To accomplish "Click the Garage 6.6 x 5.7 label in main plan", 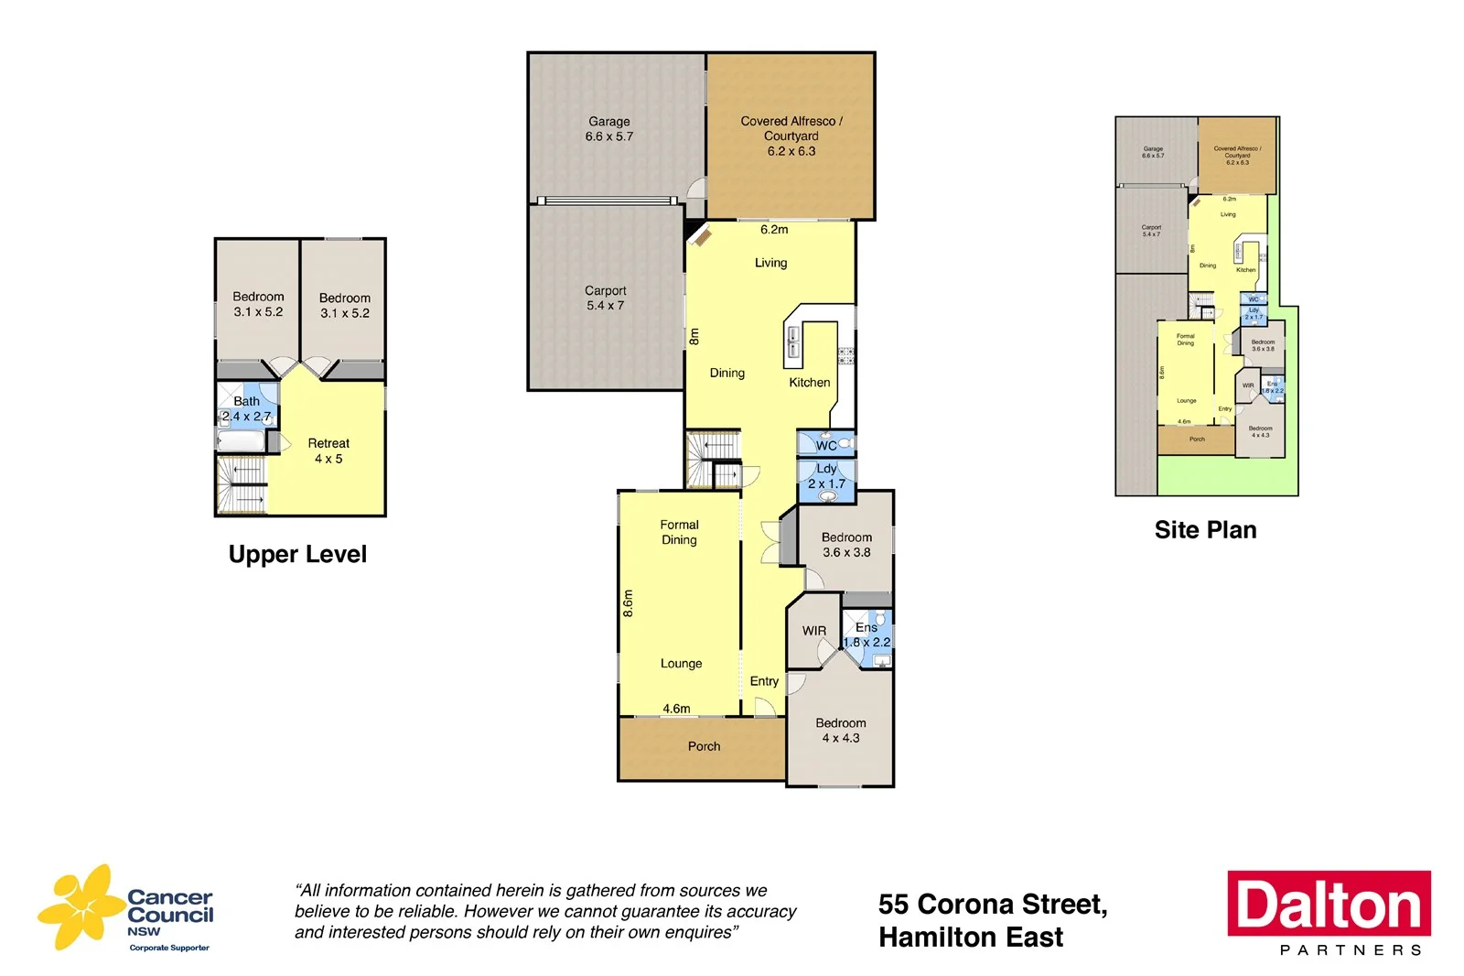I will tap(609, 129).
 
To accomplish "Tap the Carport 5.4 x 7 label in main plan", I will tap(605, 298).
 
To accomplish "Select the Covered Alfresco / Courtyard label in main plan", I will tap(791, 136).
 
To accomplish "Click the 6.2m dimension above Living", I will tap(774, 230).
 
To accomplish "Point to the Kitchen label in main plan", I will tap(810, 383).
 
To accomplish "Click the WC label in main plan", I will tap(826, 446).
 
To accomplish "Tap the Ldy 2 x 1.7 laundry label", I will tap(826, 476).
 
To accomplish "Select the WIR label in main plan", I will tap(814, 631).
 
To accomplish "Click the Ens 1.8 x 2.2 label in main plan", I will tap(867, 634).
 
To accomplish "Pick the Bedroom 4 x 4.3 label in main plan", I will tap(841, 731).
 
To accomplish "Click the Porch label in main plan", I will tap(704, 747).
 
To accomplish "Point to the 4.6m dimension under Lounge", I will tap(676, 709).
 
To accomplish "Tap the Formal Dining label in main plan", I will tap(679, 532).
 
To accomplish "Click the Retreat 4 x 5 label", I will tap(328, 450).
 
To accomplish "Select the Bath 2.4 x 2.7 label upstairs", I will tap(246, 408).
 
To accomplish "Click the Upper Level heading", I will tap(297, 555).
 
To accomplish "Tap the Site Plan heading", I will tap(1205, 530).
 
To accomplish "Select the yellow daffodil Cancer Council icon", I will tap(81, 906).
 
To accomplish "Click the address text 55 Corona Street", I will tap(992, 905).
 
